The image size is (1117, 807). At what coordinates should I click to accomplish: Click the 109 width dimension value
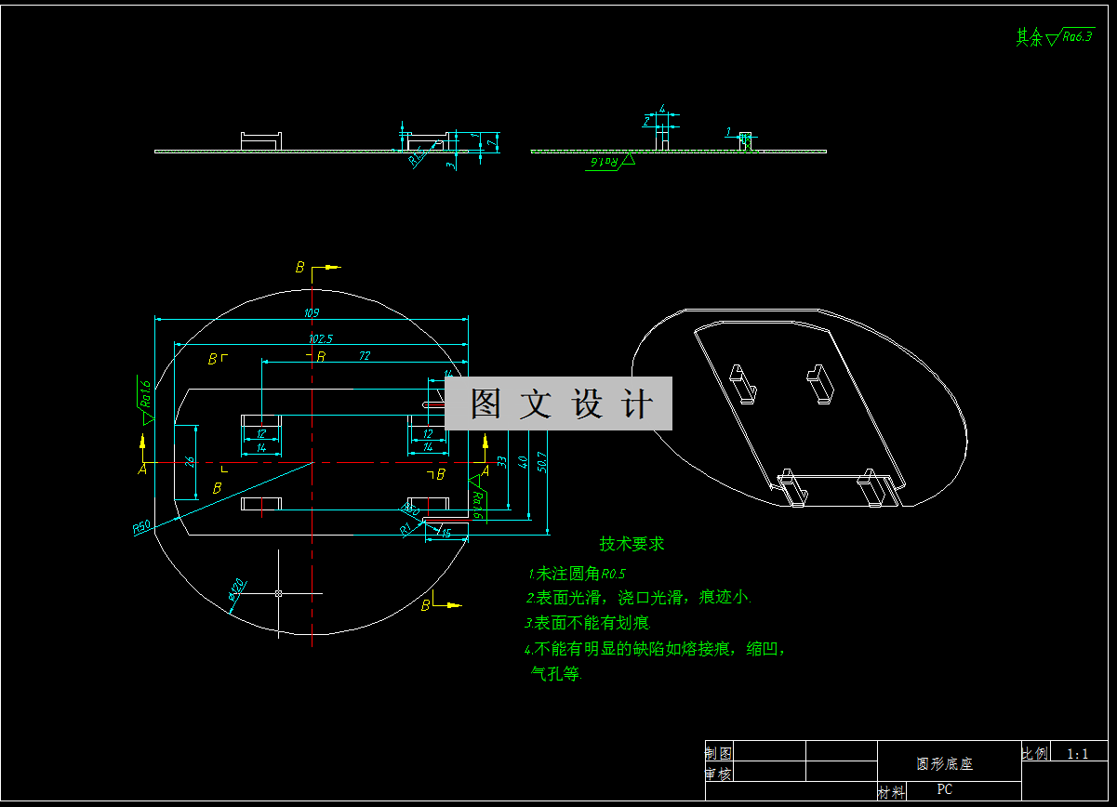click(311, 312)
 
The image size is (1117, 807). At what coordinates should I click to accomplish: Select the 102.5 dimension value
click(321, 338)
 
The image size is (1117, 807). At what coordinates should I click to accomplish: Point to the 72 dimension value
click(365, 355)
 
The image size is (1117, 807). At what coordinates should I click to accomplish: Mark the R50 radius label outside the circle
click(141, 527)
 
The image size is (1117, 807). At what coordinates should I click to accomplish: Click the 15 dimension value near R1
click(447, 533)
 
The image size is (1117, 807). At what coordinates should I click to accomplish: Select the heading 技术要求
click(632, 544)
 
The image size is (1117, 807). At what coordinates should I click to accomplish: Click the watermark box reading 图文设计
click(558, 403)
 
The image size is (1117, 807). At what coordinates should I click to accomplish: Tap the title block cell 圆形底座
click(944, 764)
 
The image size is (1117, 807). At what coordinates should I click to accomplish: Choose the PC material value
click(944, 790)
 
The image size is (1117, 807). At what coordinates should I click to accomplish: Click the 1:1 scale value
click(1078, 754)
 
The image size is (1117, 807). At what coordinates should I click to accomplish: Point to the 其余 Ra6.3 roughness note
click(1054, 37)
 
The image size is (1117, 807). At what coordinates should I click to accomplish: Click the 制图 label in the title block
click(718, 753)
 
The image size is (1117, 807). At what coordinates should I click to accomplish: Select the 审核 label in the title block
click(718, 774)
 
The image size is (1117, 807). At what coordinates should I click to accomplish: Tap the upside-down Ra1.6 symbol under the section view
click(607, 162)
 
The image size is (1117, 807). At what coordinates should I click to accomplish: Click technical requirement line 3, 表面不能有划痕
click(588, 623)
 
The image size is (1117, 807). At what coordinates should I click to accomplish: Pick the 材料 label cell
click(891, 792)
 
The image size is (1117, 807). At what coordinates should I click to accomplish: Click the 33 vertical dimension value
click(502, 460)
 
